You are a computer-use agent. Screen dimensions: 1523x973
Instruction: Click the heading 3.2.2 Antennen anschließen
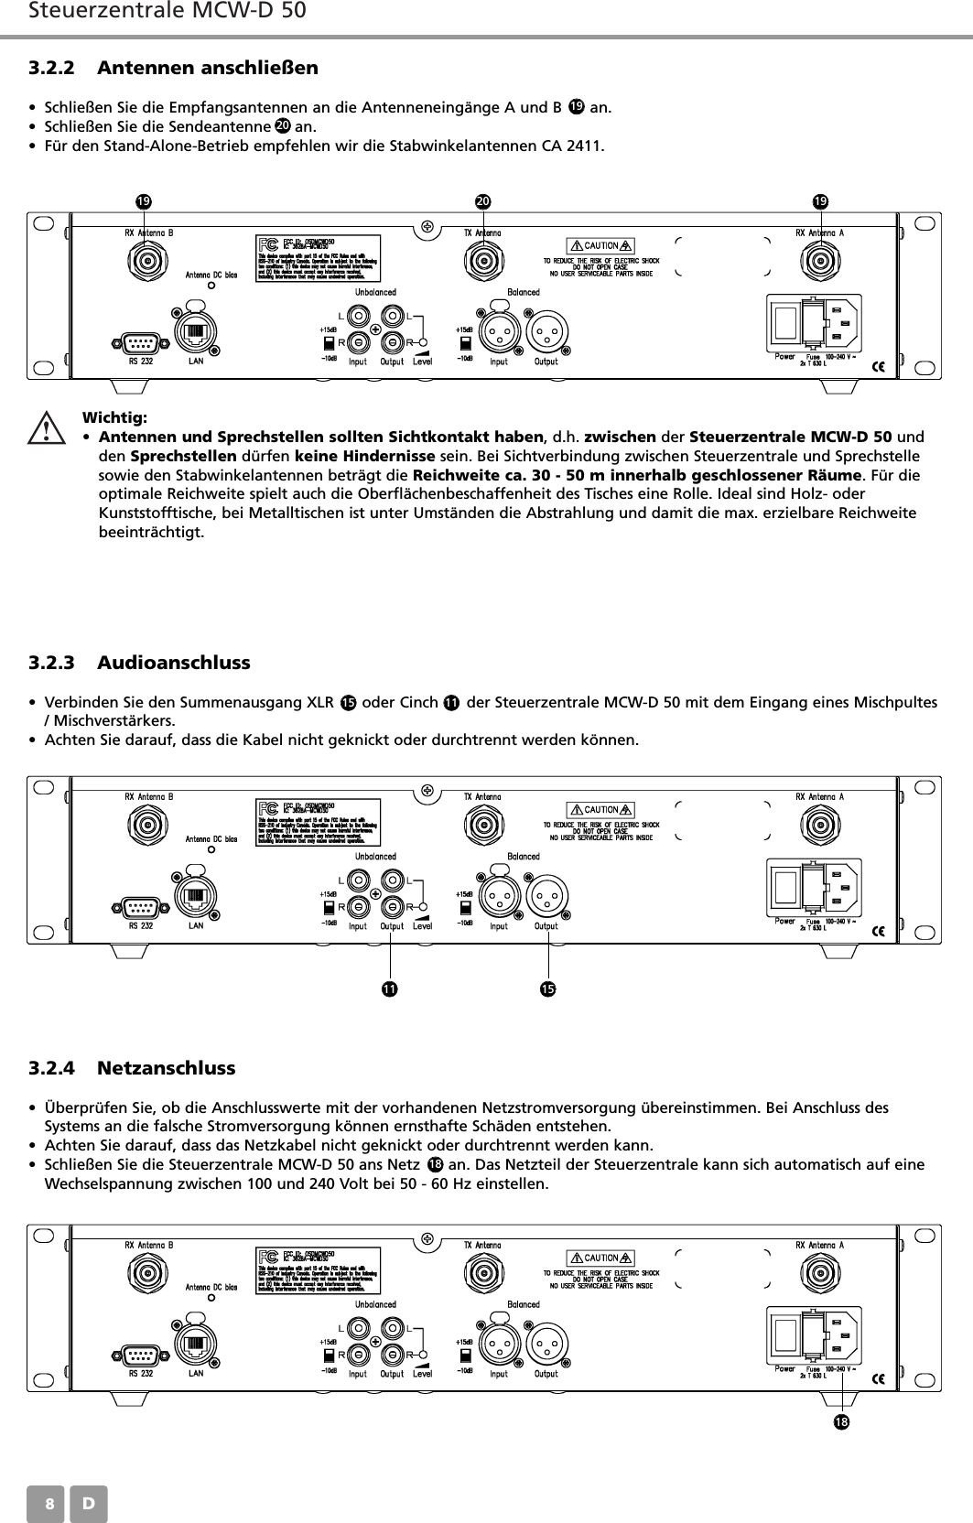(173, 68)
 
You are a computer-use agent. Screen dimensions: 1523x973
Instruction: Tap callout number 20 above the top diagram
(482, 200)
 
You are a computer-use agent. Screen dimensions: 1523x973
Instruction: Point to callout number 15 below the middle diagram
(547, 989)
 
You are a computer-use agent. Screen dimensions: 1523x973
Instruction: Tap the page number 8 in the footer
(50, 1505)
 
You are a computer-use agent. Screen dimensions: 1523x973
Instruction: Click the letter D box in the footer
(89, 1505)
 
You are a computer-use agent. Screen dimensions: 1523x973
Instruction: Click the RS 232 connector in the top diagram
(140, 343)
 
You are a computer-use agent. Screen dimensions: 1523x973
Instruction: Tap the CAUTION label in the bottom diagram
(601, 1258)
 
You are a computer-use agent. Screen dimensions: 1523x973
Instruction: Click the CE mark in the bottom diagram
(877, 1378)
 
